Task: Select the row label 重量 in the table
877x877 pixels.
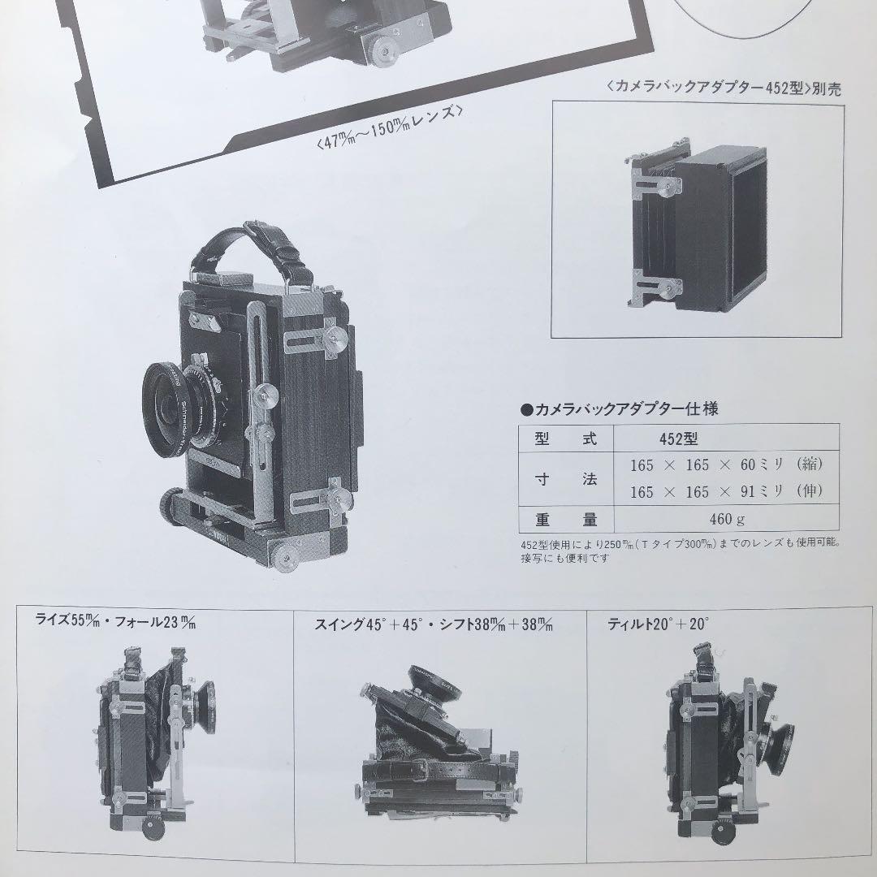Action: pyautogui.click(x=566, y=519)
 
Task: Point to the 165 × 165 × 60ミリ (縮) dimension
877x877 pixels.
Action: pyautogui.click(x=727, y=465)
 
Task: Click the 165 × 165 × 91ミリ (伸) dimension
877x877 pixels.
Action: pyautogui.click(x=727, y=492)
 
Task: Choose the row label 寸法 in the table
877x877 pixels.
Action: pyautogui.click(x=566, y=479)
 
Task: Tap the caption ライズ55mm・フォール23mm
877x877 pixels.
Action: pyautogui.click(x=116, y=624)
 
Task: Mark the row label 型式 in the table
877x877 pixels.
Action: pyautogui.click(x=566, y=439)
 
